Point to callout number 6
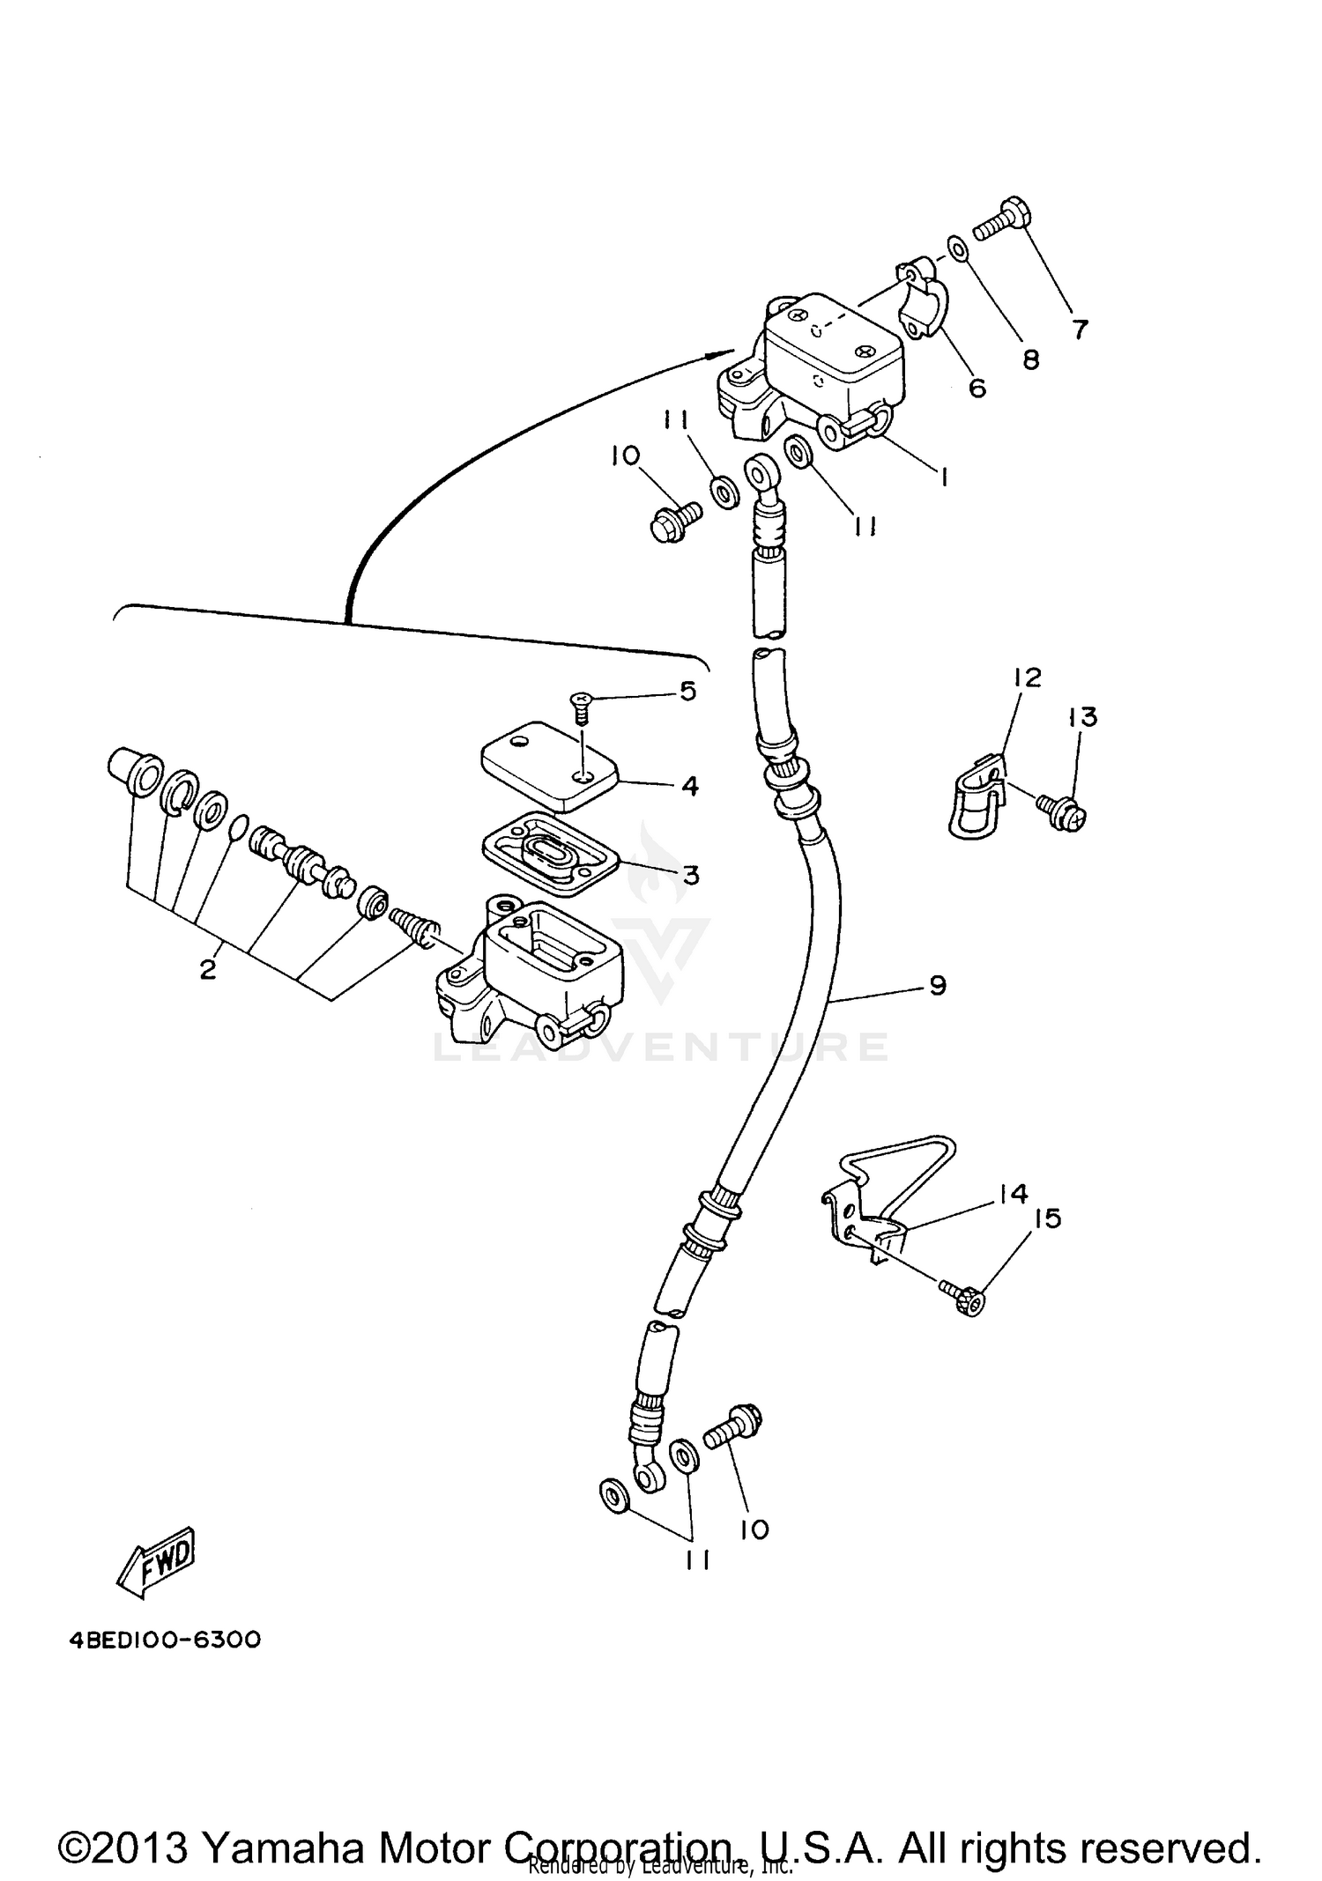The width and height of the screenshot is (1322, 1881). pos(977,387)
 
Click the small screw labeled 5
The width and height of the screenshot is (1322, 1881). pos(581,706)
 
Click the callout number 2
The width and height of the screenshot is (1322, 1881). pos(207,970)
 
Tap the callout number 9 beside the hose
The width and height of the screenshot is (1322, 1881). pos(938,984)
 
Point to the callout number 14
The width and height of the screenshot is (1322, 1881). pos(1014,1194)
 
